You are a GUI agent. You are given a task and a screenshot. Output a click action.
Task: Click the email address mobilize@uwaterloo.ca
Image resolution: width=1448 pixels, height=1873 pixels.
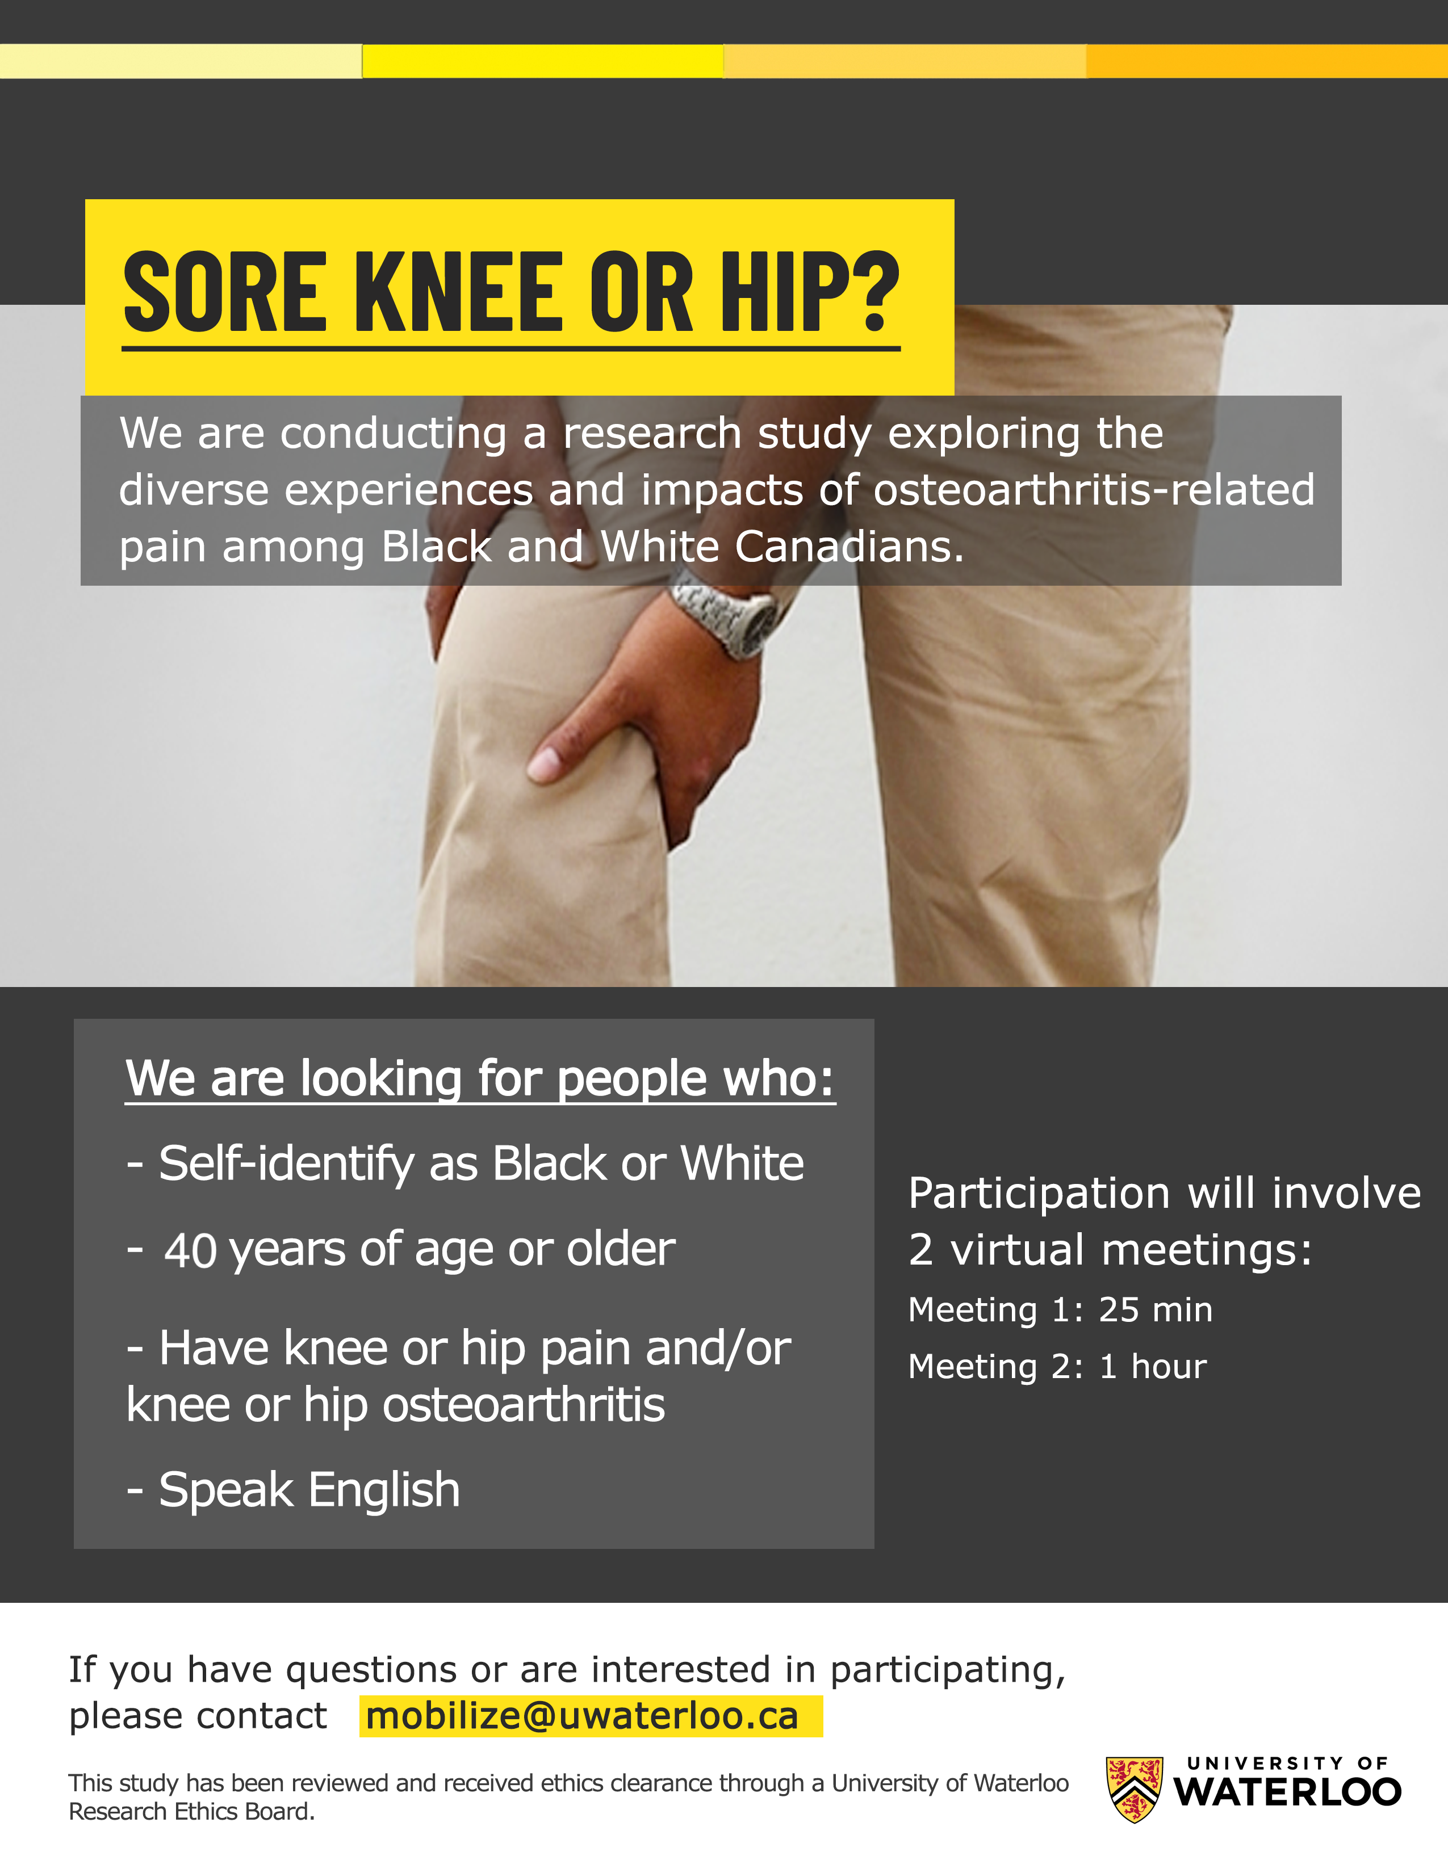click(581, 1716)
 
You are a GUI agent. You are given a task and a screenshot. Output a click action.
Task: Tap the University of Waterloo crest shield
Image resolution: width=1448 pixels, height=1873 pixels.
click(1134, 1789)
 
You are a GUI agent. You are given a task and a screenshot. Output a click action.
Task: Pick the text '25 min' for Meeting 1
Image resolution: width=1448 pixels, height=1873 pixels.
click(1156, 1309)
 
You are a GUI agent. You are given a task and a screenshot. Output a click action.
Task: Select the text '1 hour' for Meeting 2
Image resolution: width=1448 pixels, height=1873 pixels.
click(1153, 1366)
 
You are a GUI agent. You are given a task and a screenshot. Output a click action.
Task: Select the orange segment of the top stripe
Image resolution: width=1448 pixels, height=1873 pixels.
click(1267, 61)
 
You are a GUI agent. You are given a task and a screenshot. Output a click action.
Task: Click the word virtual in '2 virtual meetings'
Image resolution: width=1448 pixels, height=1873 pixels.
click(1018, 1250)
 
